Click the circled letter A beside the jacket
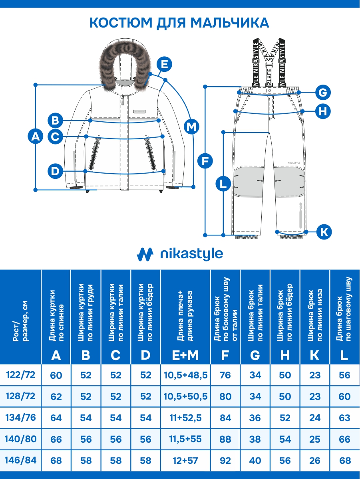point(36,137)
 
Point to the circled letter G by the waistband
point(323,93)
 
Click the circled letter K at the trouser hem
point(324,232)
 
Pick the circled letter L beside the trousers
point(223,184)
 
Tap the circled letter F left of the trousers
point(205,161)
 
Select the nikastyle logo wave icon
point(145,254)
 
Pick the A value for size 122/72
point(56,375)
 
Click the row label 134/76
point(21,418)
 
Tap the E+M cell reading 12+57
point(186,461)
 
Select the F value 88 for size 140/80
point(225,439)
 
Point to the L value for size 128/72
point(344,397)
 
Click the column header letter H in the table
point(285,354)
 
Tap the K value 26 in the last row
point(315,461)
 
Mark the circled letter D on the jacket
point(55,171)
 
